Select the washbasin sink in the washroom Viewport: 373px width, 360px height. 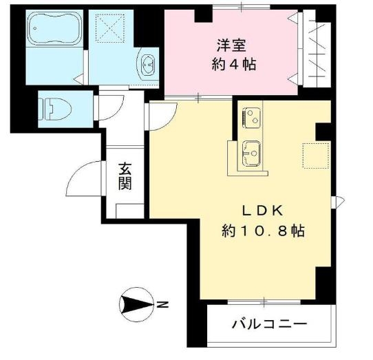tap(148, 65)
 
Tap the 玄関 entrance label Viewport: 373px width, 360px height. tap(125, 176)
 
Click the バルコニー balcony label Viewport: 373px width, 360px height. tap(269, 324)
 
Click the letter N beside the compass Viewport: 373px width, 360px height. tap(160, 304)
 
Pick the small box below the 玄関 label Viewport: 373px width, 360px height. tap(129, 209)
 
